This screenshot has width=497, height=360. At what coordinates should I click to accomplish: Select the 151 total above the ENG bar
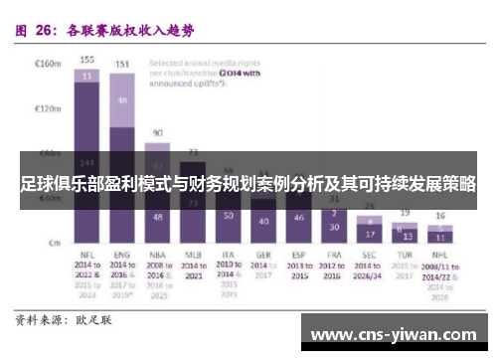(122, 65)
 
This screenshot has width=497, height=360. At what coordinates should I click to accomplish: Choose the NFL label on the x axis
(87, 255)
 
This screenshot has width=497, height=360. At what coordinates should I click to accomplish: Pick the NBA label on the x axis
(157, 255)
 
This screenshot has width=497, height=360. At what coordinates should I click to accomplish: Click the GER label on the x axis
(264, 255)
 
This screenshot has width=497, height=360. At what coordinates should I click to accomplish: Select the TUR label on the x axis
(404, 255)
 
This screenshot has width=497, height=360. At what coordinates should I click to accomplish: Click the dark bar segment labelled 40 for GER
(263, 221)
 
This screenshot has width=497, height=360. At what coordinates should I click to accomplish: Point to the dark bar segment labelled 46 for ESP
(298, 217)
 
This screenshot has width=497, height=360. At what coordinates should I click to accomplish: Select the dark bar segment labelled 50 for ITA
(229, 216)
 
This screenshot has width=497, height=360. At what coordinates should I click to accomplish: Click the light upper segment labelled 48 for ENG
(122, 100)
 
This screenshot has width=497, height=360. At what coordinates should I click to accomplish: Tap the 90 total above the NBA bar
(157, 132)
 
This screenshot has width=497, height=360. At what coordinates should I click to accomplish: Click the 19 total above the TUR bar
(404, 213)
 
